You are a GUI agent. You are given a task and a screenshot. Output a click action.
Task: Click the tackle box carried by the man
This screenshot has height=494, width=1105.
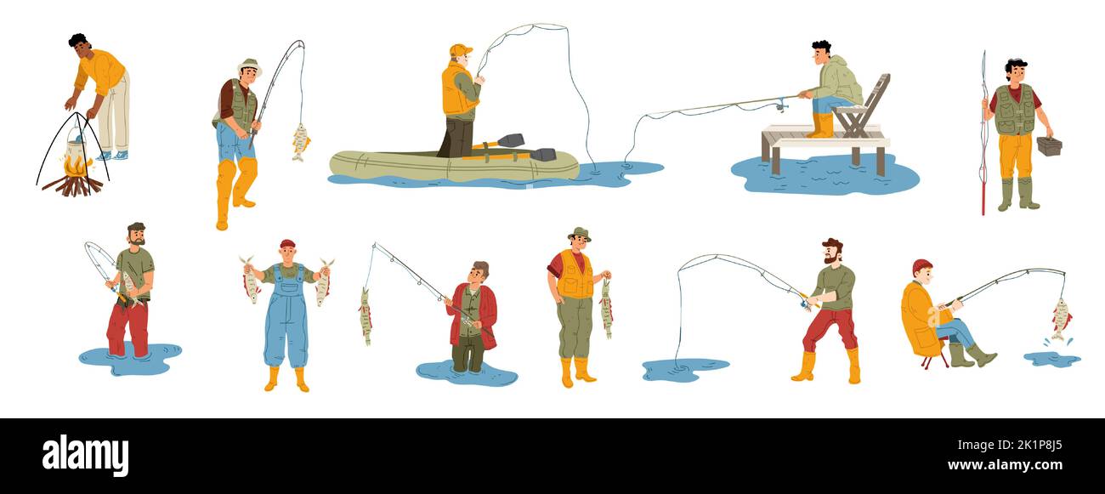[x=1049, y=145]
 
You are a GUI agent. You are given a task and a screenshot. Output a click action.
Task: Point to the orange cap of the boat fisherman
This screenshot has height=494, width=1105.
[x=460, y=49]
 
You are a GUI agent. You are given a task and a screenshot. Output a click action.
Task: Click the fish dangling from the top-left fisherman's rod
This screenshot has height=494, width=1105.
[x=300, y=142]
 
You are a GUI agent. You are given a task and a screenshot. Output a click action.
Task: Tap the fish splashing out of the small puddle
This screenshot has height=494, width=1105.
[x=1060, y=320]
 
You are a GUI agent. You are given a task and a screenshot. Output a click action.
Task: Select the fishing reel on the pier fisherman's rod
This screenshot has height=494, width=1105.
[x=781, y=105]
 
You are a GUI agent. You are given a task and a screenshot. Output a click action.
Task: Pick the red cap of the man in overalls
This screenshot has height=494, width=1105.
[x=287, y=244]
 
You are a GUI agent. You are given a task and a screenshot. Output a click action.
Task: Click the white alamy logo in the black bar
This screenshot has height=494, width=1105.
[x=85, y=456]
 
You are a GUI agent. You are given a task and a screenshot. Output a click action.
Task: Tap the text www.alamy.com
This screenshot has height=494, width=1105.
[x=1005, y=465]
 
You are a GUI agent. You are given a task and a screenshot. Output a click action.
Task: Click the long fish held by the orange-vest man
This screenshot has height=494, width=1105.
[x=606, y=309]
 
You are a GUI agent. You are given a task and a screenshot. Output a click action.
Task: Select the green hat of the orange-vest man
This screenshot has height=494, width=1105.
[x=579, y=234]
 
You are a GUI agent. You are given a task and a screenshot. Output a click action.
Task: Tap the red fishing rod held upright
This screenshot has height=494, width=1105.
[x=983, y=133]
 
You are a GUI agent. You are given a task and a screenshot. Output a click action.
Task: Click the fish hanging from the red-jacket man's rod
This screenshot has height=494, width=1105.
[x=365, y=316]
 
